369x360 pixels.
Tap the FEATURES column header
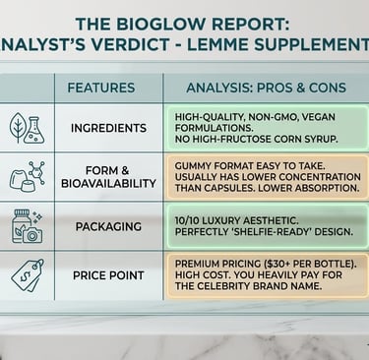point(101,88)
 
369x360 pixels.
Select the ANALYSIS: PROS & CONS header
point(266,88)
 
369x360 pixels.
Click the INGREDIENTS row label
point(108,128)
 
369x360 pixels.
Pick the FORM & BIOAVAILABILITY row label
point(108,177)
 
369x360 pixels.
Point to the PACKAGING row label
point(108,226)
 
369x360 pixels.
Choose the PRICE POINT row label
point(108,275)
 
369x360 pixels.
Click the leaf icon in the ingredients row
point(18,128)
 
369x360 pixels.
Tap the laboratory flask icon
point(34,130)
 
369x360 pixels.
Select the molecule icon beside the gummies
point(36,172)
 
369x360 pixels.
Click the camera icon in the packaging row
point(31,235)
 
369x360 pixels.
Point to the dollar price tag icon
point(27,275)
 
